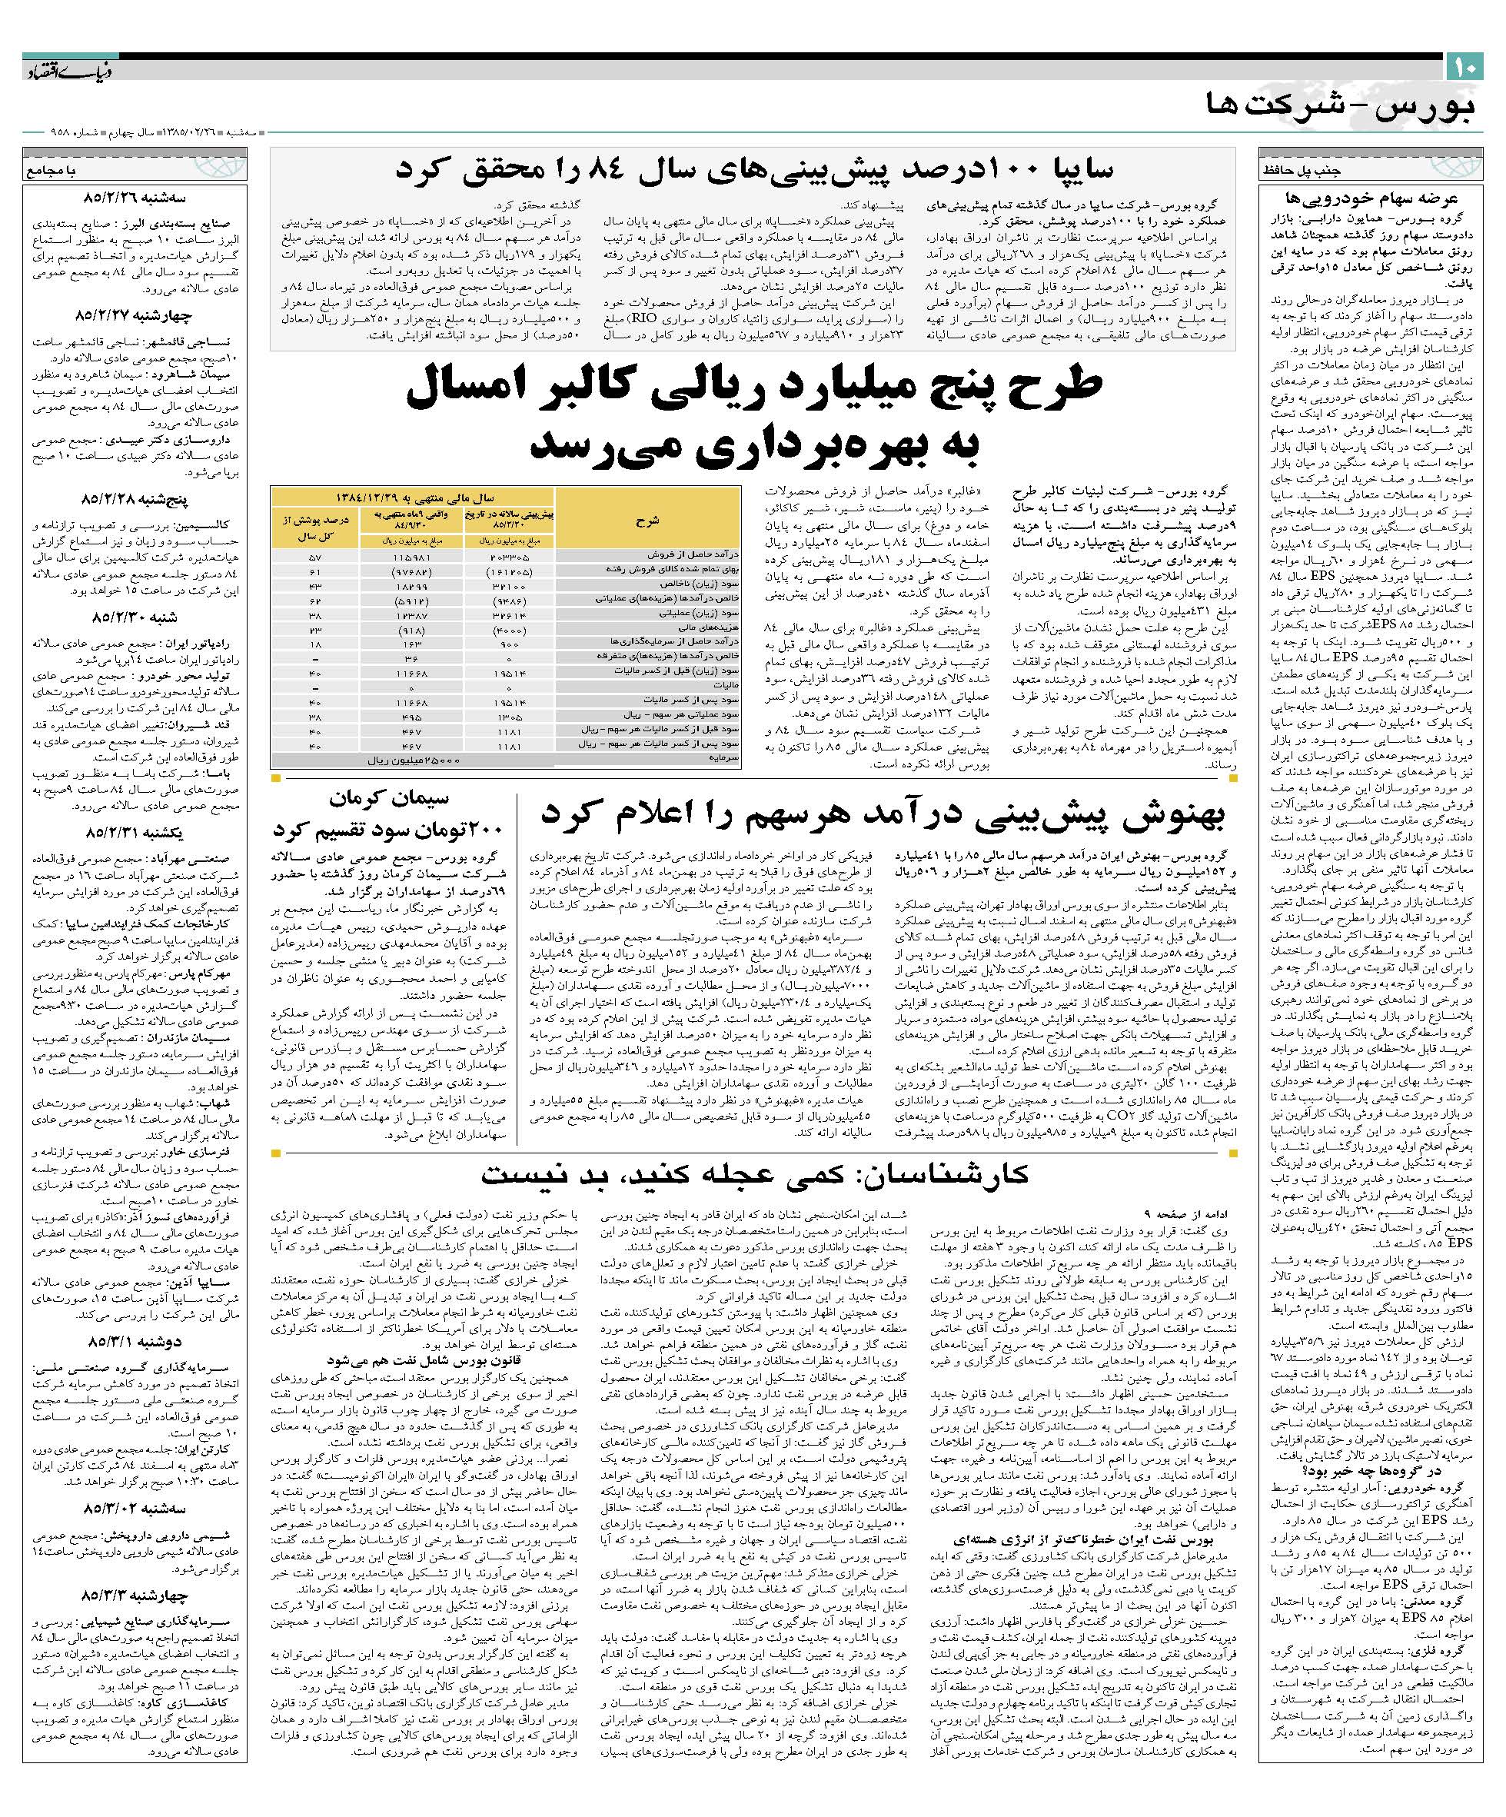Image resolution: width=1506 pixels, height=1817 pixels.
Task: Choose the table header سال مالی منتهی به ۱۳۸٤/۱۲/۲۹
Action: pos(414,498)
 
